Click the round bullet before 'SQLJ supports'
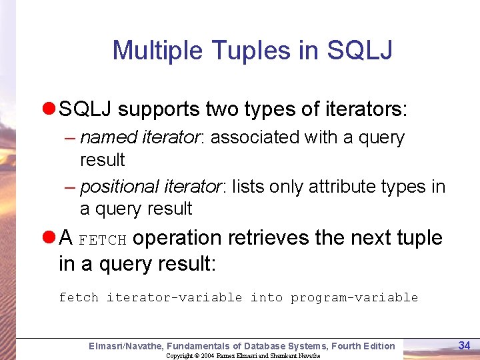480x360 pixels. [49, 109]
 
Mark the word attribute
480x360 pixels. [325, 187]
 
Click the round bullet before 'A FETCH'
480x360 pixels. [49, 238]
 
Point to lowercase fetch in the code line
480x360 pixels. [78, 297]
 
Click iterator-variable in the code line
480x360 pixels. [174, 297]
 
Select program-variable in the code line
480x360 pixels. [354, 297]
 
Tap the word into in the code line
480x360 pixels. [266, 297]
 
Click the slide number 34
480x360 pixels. [465, 345]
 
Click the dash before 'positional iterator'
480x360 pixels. [70, 187]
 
